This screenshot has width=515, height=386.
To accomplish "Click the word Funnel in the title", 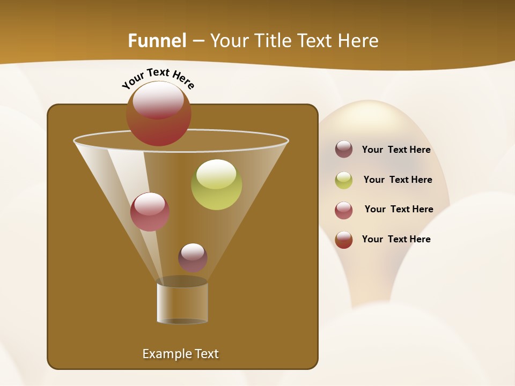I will (x=157, y=41).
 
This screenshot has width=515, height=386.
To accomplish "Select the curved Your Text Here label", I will (x=158, y=77).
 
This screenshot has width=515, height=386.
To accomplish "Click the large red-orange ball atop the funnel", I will (x=159, y=113).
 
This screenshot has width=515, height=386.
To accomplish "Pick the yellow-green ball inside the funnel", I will (x=216, y=184).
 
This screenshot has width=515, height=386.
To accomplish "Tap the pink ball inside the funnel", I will (x=150, y=212).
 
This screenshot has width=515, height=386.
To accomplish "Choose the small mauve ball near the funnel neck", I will (x=193, y=257).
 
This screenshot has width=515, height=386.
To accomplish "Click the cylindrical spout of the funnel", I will (x=182, y=302).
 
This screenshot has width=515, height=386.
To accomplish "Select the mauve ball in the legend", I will (x=344, y=149).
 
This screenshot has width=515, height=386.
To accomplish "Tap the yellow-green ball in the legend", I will (x=344, y=180).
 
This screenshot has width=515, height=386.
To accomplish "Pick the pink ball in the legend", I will (x=344, y=210).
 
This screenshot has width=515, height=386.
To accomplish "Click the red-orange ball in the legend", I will (x=344, y=240).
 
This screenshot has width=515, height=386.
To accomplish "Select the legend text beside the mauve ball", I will (x=396, y=150).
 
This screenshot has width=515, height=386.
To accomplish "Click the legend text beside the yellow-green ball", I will (x=398, y=180).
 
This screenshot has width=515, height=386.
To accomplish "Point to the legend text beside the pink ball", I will (x=399, y=209).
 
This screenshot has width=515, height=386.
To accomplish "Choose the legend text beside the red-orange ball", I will (x=396, y=239).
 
